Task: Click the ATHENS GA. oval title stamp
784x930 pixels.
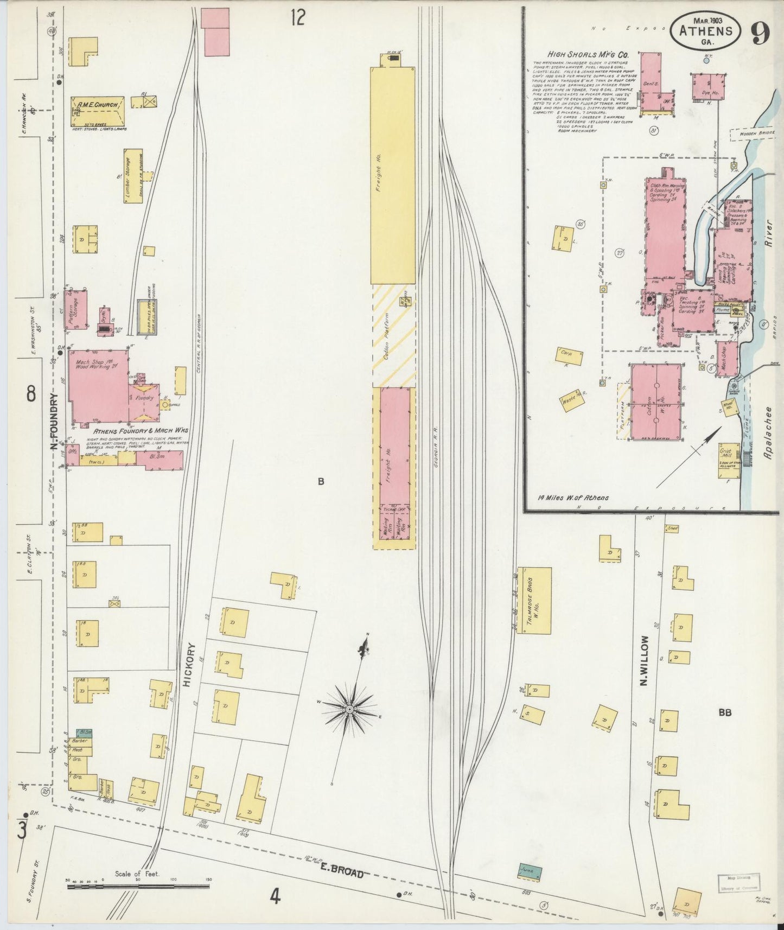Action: click(705, 31)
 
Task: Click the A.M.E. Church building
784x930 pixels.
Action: click(98, 111)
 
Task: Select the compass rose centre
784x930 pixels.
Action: click(350, 709)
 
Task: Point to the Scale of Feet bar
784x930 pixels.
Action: click(138, 887)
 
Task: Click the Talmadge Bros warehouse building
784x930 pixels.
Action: click(534, 601)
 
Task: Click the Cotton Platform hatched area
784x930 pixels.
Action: click(394, 335)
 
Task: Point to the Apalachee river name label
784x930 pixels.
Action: click(768, 434)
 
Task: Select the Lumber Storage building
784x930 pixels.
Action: click(133, 176)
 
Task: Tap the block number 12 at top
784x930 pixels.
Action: click(297, 17)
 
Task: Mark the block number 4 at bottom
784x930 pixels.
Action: click(275, 898)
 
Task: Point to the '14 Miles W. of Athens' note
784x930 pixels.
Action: click(573, 497)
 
